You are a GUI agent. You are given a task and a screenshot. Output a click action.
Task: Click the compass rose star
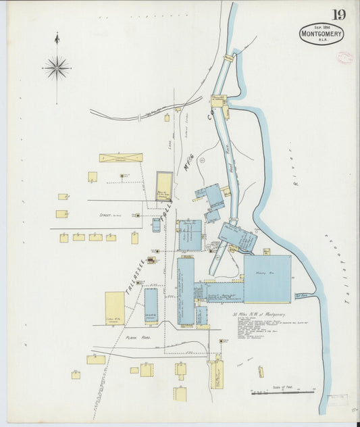[x=57, y=68]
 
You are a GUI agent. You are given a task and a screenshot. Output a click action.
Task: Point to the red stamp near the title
[x=344, y=58]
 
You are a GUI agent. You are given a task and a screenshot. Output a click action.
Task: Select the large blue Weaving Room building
[x=267, y=278]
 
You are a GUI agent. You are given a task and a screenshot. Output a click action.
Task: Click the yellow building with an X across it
[x=121, y=157]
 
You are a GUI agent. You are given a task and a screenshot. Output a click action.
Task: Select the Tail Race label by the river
[x=301, y=295]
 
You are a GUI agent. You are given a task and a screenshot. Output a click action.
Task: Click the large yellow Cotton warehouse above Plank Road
[x=115, y=308]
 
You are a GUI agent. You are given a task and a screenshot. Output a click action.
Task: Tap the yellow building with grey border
[x=164, y=186]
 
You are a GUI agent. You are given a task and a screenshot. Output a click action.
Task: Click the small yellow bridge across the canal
[x=228, y=59]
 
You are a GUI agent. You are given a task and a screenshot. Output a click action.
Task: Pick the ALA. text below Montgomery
[x=322, y=42]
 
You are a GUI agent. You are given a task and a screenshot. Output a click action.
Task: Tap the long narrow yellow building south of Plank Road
[x=217, y=374]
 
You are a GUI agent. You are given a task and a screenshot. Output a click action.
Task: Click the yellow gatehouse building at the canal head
[x=220, y=101]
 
